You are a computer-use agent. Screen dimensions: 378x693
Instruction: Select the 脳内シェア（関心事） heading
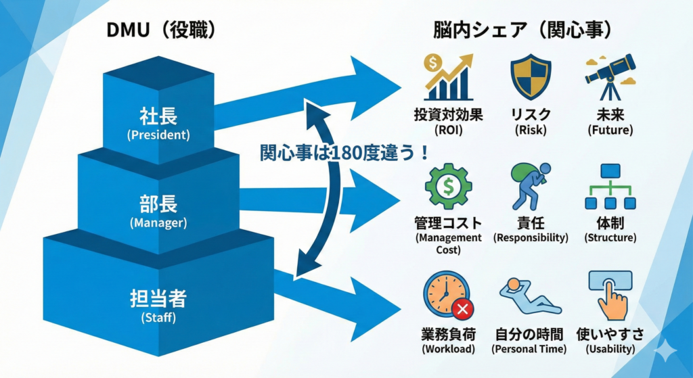point(522,30)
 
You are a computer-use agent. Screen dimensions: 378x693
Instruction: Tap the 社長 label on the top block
point(158,116)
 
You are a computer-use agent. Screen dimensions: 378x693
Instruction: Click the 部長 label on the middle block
point(158,205)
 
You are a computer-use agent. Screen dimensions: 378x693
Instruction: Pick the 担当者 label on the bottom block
point(158,299)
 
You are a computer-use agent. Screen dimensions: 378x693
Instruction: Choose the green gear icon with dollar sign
point(447,187)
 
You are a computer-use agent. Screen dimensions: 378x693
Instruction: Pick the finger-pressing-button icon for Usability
point(609,294)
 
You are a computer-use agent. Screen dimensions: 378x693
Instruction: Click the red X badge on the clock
point(464,310)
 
